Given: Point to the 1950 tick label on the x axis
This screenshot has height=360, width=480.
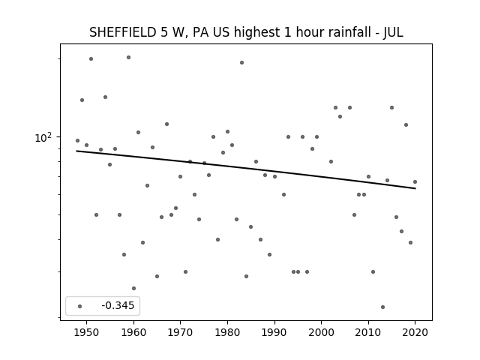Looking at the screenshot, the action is tap(87, 332).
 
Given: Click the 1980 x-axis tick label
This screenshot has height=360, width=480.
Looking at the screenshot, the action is tap(227, 332).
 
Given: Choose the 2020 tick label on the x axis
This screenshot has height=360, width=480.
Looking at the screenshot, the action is tap(415, 332).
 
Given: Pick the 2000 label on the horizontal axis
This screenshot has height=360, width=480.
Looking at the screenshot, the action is tap(322, 332).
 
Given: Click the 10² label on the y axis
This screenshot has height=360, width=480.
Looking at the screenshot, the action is tap(43, 137).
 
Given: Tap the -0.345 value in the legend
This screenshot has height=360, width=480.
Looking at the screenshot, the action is tap(118, 305).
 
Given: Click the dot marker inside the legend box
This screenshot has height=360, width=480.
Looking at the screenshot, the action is tap(80, 306).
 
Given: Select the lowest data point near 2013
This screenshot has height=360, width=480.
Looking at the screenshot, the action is tap(382, 307).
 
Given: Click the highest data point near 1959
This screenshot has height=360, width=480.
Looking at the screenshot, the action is tap(128, 57).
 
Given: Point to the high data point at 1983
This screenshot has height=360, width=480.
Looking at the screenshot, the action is tap(241, 62).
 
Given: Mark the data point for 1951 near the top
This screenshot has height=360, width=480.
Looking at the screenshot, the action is tap(91, 58).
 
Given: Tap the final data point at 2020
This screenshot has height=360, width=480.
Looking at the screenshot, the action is tap(415, 181).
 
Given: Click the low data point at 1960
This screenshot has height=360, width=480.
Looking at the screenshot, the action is tap(133, 288).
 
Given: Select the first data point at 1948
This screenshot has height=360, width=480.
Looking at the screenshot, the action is tap(77, 140).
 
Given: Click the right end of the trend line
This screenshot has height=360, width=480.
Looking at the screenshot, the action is tap(415, 188).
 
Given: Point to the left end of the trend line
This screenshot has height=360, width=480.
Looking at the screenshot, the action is tap(76, 151).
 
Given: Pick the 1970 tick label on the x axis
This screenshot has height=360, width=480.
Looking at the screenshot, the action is tap(180, 332).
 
